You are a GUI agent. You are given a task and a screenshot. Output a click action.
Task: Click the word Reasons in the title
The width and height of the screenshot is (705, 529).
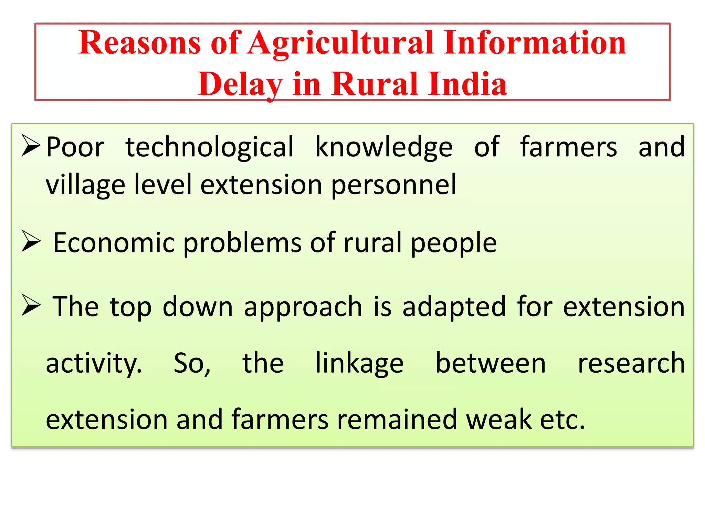139,43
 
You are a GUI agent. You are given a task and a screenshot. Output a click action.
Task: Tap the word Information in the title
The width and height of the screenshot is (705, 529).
535,43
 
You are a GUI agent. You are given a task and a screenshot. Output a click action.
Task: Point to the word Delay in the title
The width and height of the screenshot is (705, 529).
240,84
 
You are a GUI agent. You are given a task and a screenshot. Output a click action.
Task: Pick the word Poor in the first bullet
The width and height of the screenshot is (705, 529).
75,147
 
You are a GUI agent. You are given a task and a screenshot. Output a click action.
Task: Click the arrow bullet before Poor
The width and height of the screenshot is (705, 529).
31,145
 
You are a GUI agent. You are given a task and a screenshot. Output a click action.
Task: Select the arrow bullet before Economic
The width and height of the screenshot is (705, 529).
31,241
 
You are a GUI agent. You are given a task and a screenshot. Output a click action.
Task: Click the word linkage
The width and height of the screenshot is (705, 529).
359,364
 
